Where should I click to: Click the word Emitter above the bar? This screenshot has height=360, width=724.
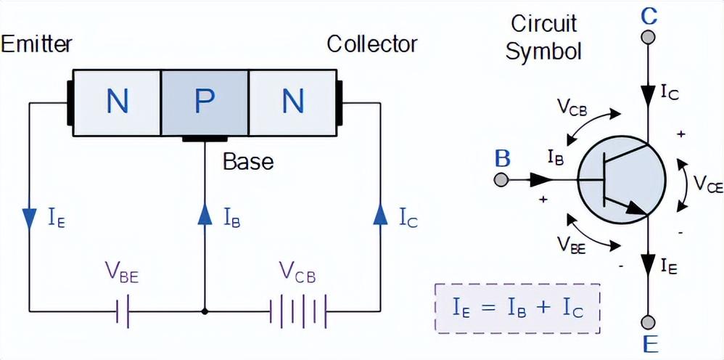coord(36,44)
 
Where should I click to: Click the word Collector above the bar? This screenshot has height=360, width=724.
coord(372,44)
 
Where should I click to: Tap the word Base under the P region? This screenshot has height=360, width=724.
coord(248,160)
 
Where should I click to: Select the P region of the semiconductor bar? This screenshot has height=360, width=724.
coord(205,102)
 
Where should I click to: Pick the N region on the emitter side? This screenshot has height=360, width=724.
coord(117,102)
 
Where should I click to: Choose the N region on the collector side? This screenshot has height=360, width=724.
coord(292,102)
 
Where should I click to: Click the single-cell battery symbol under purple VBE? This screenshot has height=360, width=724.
coord(122,311)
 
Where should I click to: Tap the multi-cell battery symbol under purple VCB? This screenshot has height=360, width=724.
coord(298,311)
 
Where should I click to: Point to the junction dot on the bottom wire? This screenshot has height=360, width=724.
coord(205,311)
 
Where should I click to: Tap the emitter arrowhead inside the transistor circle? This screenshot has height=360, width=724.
coord(638,208)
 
